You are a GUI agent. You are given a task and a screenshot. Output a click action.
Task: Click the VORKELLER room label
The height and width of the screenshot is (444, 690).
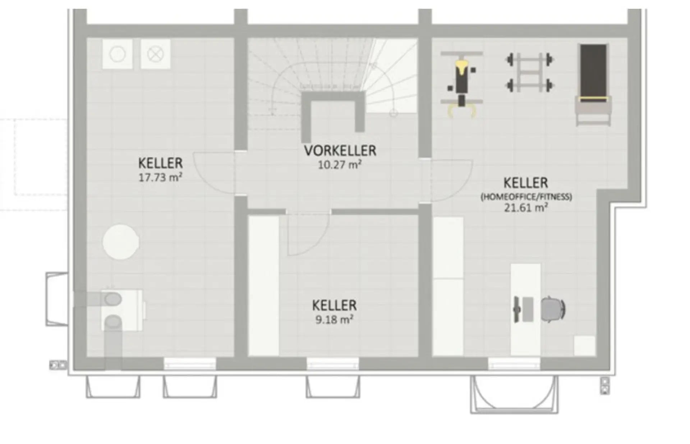click(x=340, y=151)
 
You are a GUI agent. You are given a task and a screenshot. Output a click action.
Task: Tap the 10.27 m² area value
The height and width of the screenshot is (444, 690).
click(x=340, y=165)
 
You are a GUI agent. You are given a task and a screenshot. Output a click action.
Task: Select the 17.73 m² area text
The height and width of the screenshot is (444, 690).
click(x=160, y=177)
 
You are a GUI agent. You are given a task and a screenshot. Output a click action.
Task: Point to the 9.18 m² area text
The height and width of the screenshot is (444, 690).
click(x=334, y=320)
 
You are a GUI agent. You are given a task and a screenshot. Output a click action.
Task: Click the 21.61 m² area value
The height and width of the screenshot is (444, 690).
click(x=526, y=208)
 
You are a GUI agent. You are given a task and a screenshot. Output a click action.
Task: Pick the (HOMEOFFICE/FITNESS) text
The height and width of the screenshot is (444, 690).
click(x=526, y=197)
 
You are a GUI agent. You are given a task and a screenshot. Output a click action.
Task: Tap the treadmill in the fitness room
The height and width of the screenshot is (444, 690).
click(x=593, y=85)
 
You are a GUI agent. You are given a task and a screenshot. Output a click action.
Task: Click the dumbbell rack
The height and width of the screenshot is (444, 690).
click(x=529, y=73)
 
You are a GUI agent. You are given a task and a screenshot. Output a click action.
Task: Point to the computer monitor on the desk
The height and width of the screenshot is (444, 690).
click(x=517, y=309)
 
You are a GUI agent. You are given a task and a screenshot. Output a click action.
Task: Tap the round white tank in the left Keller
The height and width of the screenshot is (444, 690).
click(x=121, y=242)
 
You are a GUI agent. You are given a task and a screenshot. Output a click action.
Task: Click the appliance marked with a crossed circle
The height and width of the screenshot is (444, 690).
click(x=155, y=54)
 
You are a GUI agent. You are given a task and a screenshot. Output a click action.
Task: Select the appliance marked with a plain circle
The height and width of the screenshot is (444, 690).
click(x=117, y=54)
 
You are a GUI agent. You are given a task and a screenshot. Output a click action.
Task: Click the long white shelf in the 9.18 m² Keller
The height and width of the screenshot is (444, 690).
click(x=264, y=286)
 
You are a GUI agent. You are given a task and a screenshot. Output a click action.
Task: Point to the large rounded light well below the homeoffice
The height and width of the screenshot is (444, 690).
click(x=514, y=394)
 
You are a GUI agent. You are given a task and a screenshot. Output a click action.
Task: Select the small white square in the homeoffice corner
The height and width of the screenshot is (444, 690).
click(x=584, y=346)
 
